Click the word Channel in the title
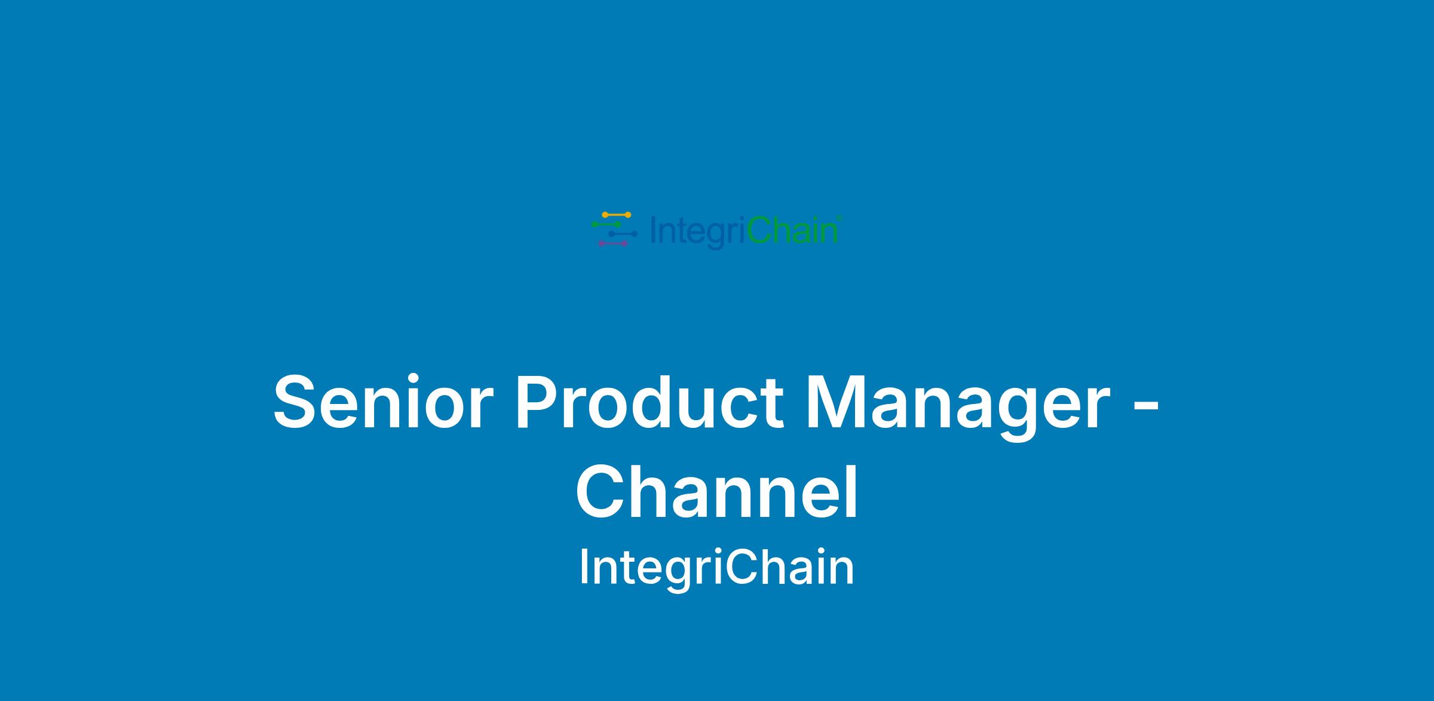click(717, 493)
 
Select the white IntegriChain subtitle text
click(717, 568)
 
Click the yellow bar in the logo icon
click(616, 215)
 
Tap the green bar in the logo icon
click(606, 224)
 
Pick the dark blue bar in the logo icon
click(623, 234)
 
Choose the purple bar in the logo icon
click(613, 243)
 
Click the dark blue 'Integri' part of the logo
click(697, 232)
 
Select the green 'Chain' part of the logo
click(791, 230)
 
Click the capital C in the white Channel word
click(601, 493)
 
